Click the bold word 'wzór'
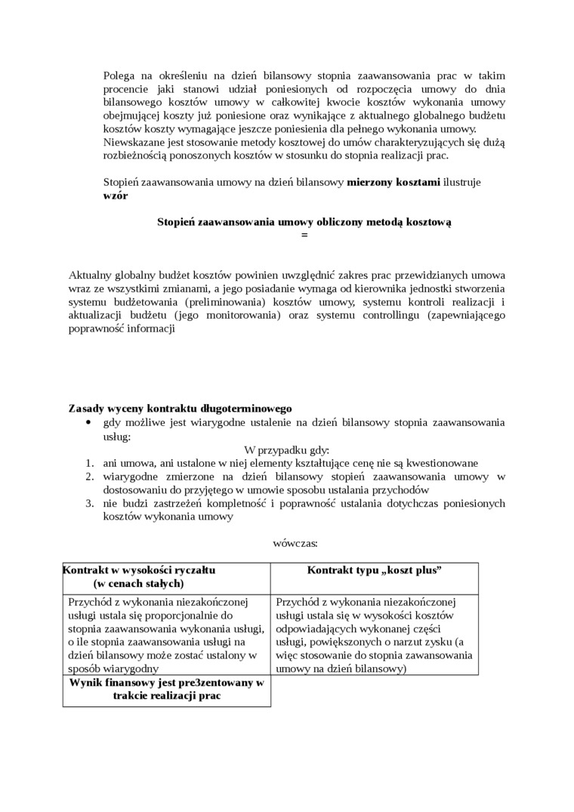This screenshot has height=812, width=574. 116,195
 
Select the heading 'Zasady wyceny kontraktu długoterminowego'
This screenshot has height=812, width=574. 181,409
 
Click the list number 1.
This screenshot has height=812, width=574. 88,463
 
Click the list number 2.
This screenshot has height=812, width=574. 88,477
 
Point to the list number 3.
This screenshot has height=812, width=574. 88,503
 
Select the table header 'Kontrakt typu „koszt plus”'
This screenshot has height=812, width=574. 375,570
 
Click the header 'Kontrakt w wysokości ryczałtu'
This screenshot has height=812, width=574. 139,570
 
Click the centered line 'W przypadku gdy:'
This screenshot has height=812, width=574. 287,449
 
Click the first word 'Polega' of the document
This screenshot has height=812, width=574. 119,76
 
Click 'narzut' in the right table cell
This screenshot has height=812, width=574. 402,642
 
